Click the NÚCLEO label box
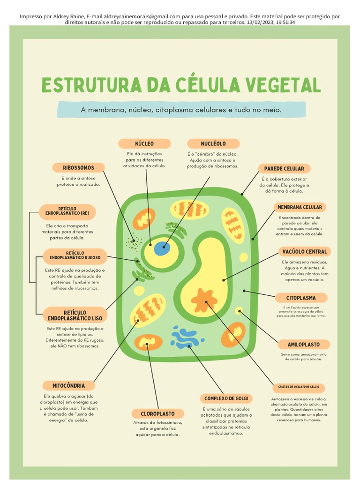coord(144,143)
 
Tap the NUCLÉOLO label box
coord(213,143)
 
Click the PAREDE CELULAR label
coord(284,168)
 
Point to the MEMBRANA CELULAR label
coord(300,207)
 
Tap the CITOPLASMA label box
coord(301,298)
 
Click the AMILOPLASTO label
coord(303,345)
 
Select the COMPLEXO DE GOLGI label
coord(226,398)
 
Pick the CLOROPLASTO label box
coord(157,414)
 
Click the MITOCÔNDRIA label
coord(68,386)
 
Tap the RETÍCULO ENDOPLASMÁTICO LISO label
coord(75,315)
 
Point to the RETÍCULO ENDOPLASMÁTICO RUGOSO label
coord(75,255)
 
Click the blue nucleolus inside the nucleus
coord(162,248)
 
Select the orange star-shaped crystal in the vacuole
coord(204,300)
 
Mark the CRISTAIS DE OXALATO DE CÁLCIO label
coord(299,387)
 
